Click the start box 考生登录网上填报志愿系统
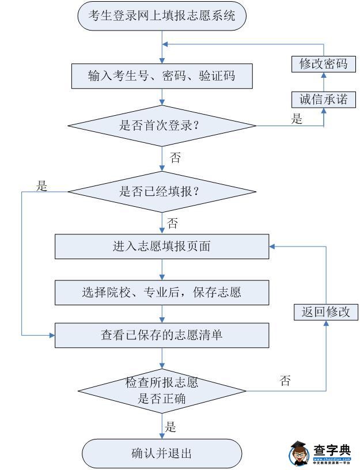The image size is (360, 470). pyautogui.click(x=162, y=16)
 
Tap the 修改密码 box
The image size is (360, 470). pyautogui.click(x=323, y=64)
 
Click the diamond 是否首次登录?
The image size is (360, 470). pyautogui.click(x=162, y=126)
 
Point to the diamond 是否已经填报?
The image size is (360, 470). pyautogui.click(x=162, y=191)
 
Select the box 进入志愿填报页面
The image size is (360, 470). pyautogui.click(x=162, y=247)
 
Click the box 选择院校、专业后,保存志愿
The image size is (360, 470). pyautogui.click(x=162, y=291)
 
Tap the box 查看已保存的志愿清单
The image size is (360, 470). pyautogui.click(x=162, y=335)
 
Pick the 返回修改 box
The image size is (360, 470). pyautogui.click(x=325, y=312)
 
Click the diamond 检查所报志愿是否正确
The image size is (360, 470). pyautogui.click(x=162, y=391)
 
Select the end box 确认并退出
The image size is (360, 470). pyautogui.click(x=162, y=453)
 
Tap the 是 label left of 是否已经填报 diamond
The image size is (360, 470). pyautogui.click(x=41, y=186)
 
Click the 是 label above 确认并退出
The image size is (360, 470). pyautogui.click(x=170, y=427)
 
